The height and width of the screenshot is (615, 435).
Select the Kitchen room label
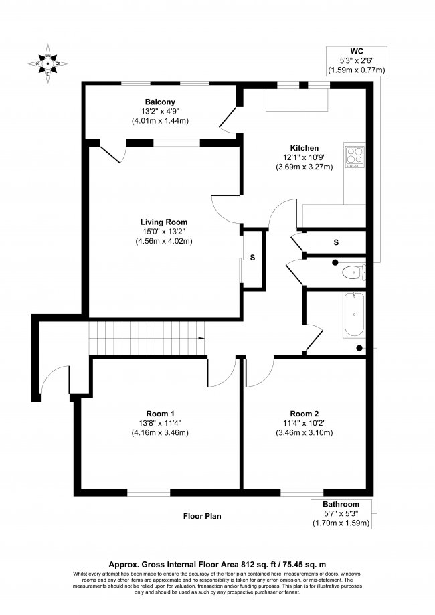tap(304, 148)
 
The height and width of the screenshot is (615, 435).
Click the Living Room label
tap(164, 222)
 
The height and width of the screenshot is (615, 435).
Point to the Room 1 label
tap(161, 413)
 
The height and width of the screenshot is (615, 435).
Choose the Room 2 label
tap(304, 413)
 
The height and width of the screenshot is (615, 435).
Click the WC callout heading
tap(357, 51)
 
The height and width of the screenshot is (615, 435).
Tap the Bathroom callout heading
tap(341, 504)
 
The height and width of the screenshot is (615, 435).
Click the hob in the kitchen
tap(355, 155)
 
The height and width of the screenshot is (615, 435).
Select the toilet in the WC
tap(352, 272)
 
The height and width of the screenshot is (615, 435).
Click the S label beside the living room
tap(252, 258)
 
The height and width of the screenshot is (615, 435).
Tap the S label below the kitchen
tap(336, 242)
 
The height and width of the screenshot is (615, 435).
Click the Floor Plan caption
tap(203, 516)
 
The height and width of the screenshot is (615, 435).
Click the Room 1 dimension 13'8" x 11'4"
tap(161, 423)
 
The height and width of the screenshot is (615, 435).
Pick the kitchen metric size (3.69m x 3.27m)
tap(304, 167)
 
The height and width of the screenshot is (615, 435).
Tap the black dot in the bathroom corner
tap(360, 347)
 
